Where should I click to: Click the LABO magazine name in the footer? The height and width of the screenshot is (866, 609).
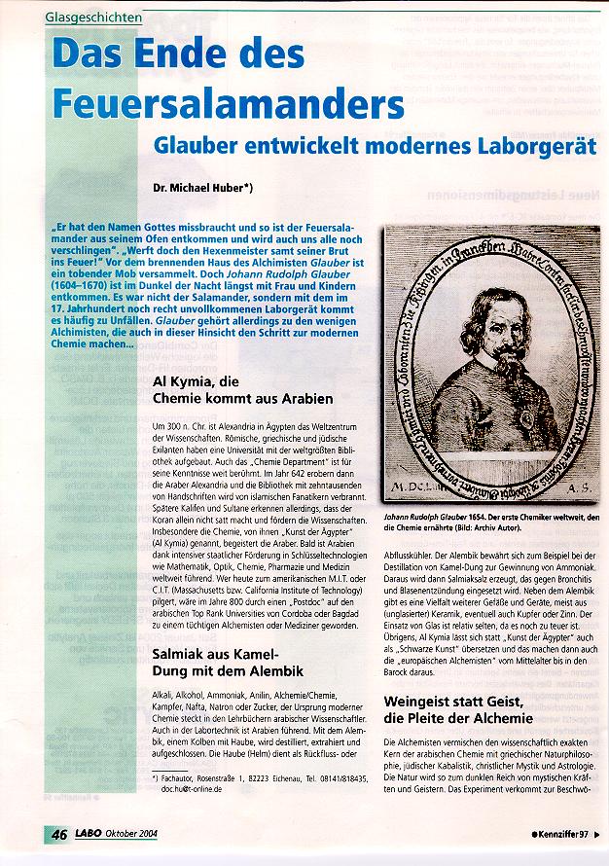click(89, 834)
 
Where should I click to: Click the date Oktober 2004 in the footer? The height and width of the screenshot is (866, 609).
click(133, 834)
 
